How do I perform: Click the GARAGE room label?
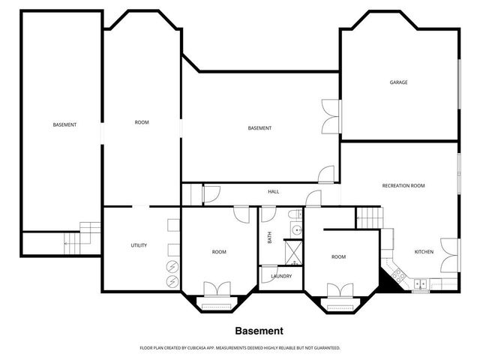[398, 82]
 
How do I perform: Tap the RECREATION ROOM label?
[403, 185]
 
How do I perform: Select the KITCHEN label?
[424, 252]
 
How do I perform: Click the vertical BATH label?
[270, 238]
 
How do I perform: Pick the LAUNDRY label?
[281, 276]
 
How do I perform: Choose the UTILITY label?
[139, 245]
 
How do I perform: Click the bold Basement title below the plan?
[259, 330]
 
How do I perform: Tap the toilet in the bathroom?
[293, 215]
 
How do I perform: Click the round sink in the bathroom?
[295, 230]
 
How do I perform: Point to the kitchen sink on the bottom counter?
[421, 283]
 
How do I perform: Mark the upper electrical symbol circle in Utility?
[172, 265]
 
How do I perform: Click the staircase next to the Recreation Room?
[368, 217]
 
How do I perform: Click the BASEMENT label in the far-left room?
[64, 124]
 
